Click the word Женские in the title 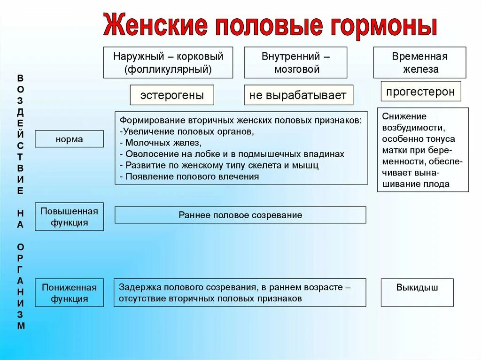point(155,26)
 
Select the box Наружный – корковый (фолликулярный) point(168,62)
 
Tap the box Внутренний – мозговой point(295,62)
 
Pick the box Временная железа point(419,62)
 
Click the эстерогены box point(172,95)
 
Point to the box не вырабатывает point(298,95)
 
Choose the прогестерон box point(420,92)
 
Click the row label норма point(69,139)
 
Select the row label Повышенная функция point(69,216)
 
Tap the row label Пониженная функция point(69,293)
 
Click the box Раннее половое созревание point(240,215)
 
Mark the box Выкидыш point(417,288)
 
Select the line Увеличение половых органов point(187,131)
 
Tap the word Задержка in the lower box point(138,287)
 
